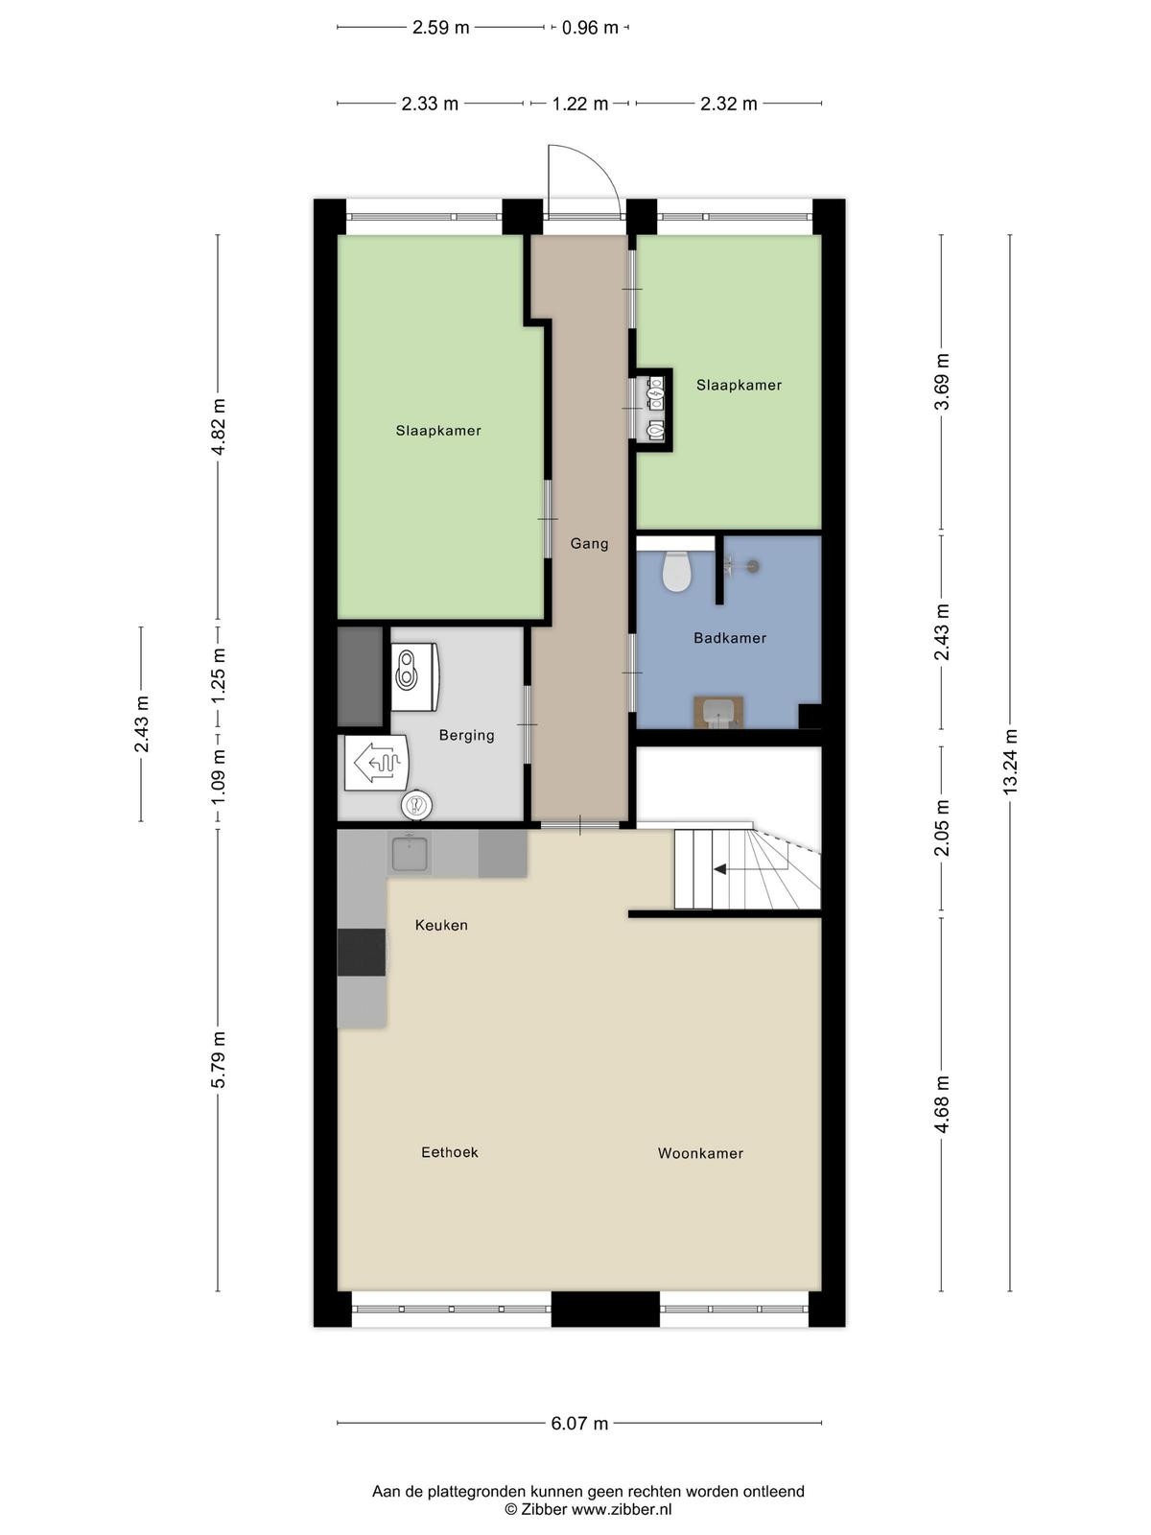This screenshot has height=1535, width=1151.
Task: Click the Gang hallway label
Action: coord(588,543)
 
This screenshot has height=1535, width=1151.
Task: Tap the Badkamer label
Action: coord(730,638)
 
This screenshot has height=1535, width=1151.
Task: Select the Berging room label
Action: coord(466,735)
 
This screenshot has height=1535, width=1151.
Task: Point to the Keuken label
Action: coord(441,925)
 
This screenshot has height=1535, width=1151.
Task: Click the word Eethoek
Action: coord(449,1152)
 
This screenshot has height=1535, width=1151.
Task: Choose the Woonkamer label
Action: coord(700,1153)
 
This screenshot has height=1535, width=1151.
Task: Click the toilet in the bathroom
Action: coord(676,571)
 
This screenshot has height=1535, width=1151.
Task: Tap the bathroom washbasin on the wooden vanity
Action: coord(718,713)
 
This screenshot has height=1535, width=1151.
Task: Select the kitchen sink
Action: coord(410,854)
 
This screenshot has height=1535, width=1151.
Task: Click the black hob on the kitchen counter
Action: coord(362,952)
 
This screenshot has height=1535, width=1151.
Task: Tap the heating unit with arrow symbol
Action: coord(376,763)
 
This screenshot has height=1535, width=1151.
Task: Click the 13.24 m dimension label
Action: coord(1009,761)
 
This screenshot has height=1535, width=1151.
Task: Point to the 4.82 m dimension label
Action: coord(218,427)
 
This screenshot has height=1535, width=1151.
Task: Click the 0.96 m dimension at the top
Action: coord(590,28)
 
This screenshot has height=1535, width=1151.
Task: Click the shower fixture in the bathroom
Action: coord(740,566)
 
